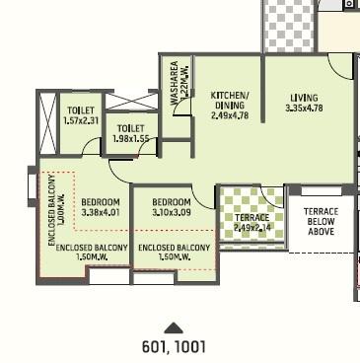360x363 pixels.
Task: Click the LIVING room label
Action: click(x=304, y=98)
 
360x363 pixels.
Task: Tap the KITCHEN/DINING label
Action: click(x=231, y=101)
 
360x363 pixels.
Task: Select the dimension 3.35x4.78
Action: click(x=304, y=109)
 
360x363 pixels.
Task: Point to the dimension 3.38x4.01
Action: click(x=100, y=211)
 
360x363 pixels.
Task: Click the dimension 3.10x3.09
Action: click(x=172, y=211)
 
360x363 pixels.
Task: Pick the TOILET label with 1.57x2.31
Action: click(x=81, y=110)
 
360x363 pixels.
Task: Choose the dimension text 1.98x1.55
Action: click(x=130, y=140)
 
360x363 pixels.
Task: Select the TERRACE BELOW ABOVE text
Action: click(x=321, y=222)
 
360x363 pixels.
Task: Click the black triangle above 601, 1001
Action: click(x=174, y=327)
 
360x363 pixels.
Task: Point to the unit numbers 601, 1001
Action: click(x=174, y=346)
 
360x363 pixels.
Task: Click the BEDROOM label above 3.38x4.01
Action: click(x=100, y=200)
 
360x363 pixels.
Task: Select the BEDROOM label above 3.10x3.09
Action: click(x=172, y=200)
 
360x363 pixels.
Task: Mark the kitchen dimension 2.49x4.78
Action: click(x=231, y=115)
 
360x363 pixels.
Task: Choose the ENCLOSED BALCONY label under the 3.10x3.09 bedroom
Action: click(x=174, y=247)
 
